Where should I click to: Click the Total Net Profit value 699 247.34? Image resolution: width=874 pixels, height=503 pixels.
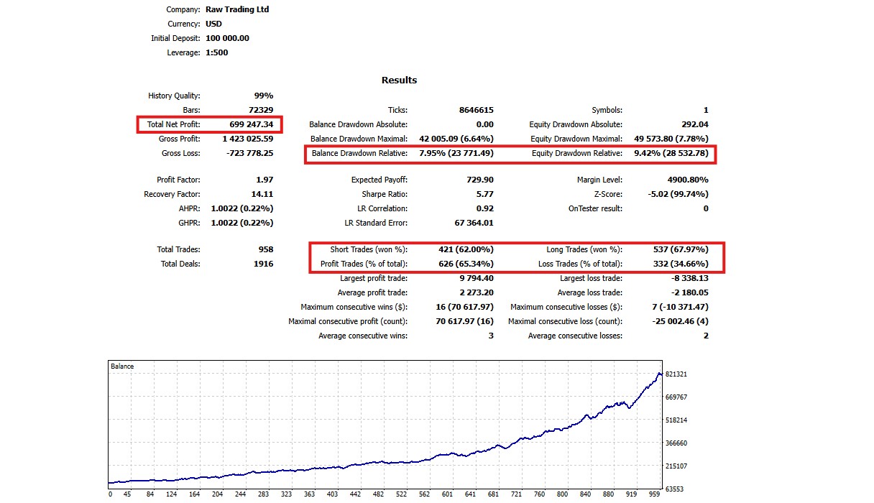251,124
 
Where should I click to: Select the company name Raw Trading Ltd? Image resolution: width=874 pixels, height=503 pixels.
236,9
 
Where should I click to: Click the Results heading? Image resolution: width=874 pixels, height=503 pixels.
399,80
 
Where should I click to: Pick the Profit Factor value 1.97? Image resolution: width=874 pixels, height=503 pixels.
264,180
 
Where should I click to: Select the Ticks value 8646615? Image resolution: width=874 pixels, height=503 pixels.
476,110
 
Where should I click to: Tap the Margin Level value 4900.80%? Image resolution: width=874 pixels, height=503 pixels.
682,180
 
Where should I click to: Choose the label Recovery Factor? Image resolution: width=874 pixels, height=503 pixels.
172,194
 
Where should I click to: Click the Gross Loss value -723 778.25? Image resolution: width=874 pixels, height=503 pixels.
247,153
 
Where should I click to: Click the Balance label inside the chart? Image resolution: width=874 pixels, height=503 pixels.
122,366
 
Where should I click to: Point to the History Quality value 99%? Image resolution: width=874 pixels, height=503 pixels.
264,96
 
